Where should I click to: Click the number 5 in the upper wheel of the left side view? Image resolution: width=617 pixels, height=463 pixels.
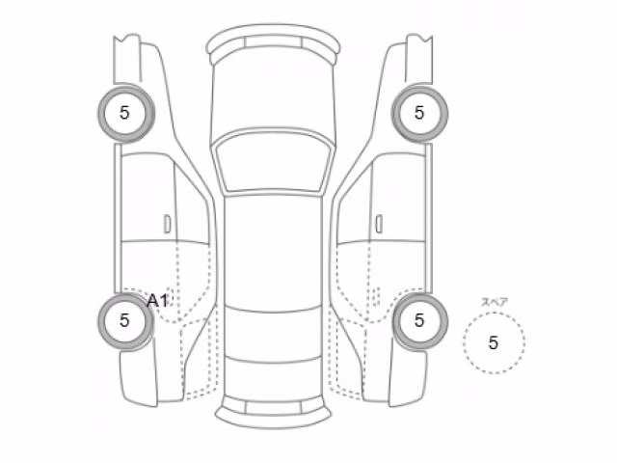(124, 113)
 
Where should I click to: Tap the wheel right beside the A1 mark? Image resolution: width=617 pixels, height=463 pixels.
(125, 321)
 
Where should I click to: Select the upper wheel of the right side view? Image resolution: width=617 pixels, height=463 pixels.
(419, 113)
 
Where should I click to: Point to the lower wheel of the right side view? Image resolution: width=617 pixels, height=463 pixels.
(419, 321)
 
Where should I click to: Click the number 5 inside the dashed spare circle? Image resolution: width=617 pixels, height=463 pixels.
(494, 343)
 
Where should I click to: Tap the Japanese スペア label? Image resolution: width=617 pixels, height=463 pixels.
(495, 302)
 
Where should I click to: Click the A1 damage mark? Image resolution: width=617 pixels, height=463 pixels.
(158, 301)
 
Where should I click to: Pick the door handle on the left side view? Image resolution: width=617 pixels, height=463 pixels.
(168, 224)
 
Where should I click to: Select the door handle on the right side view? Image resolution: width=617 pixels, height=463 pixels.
(379, 224)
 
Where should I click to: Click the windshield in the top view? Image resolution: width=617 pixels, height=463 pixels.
(273, 162)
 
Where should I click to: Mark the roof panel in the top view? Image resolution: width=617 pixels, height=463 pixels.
(273, 252)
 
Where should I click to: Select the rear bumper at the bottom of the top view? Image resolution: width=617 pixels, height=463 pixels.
(273, 412)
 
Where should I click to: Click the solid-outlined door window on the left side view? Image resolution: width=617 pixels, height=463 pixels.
(148, 197)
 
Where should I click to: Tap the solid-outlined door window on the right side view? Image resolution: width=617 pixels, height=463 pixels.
(398, 197)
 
